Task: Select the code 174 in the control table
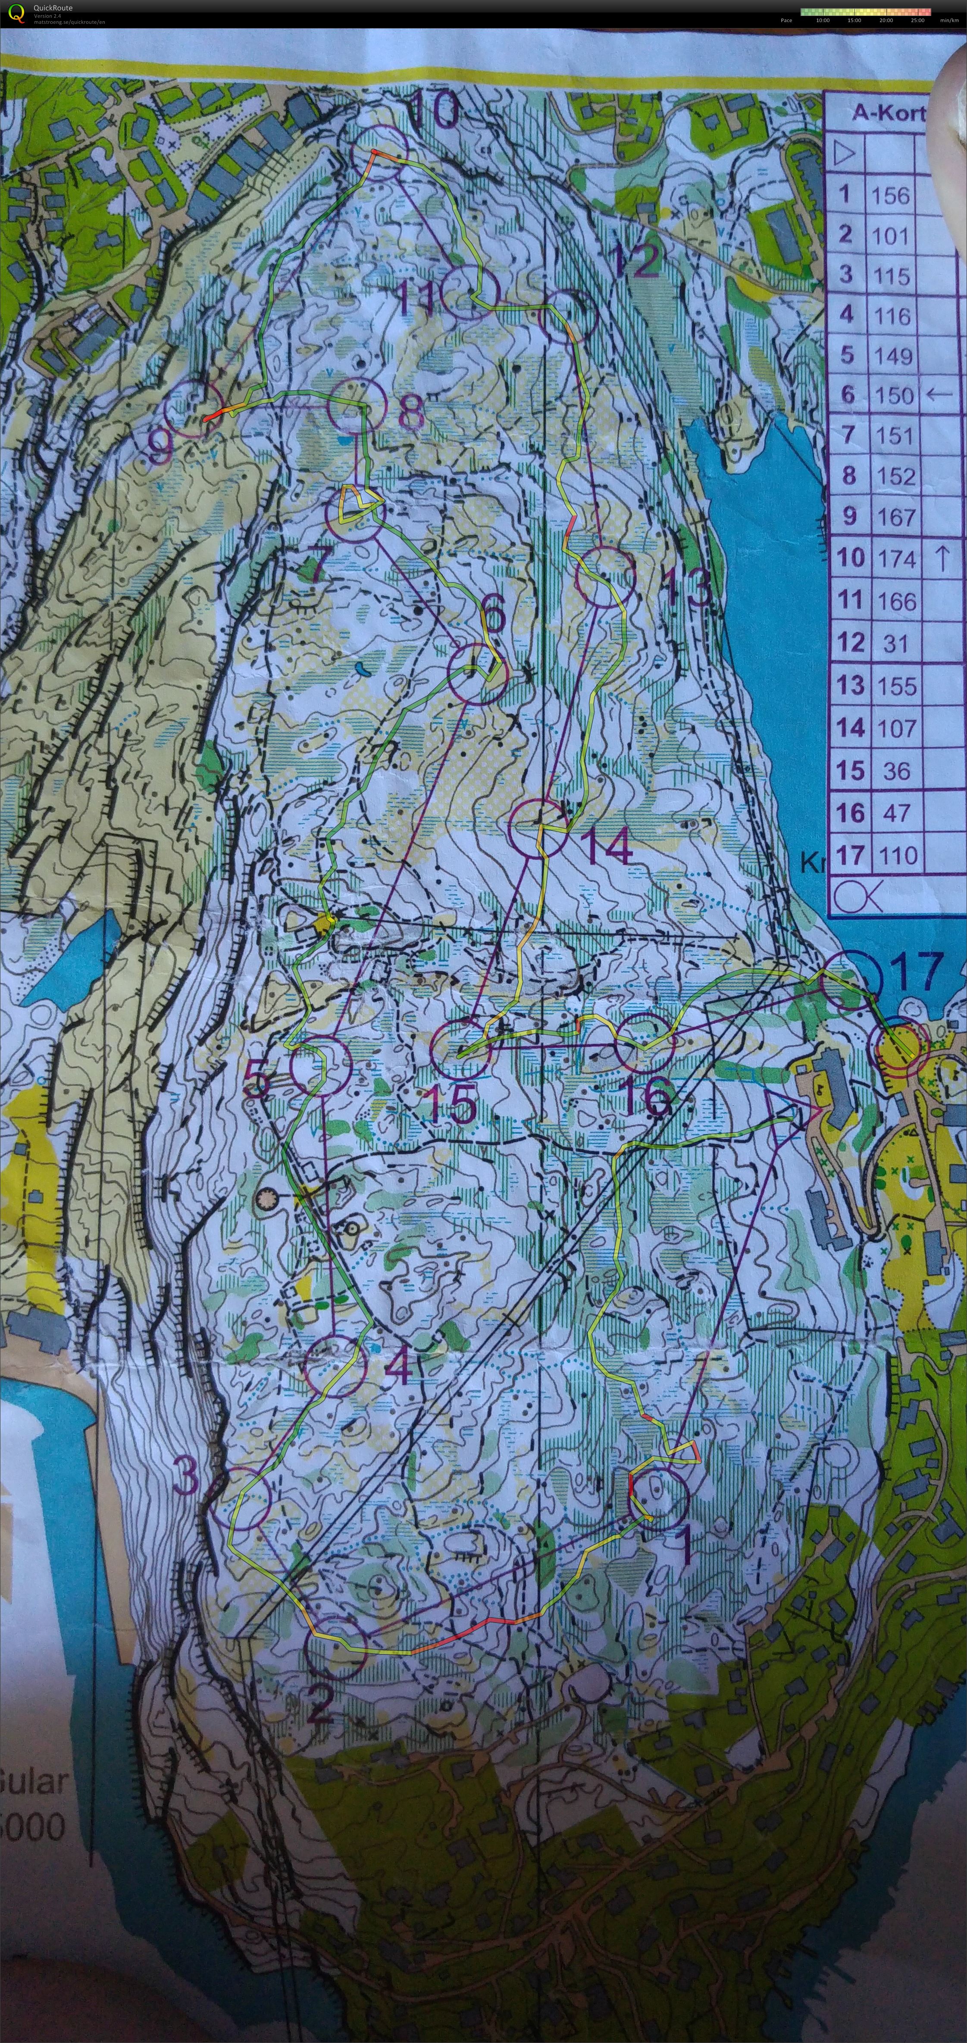(896, 559)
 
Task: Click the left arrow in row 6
(939, 393)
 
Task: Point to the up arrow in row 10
(942, 558)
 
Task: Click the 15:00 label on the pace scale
(854, 20)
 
